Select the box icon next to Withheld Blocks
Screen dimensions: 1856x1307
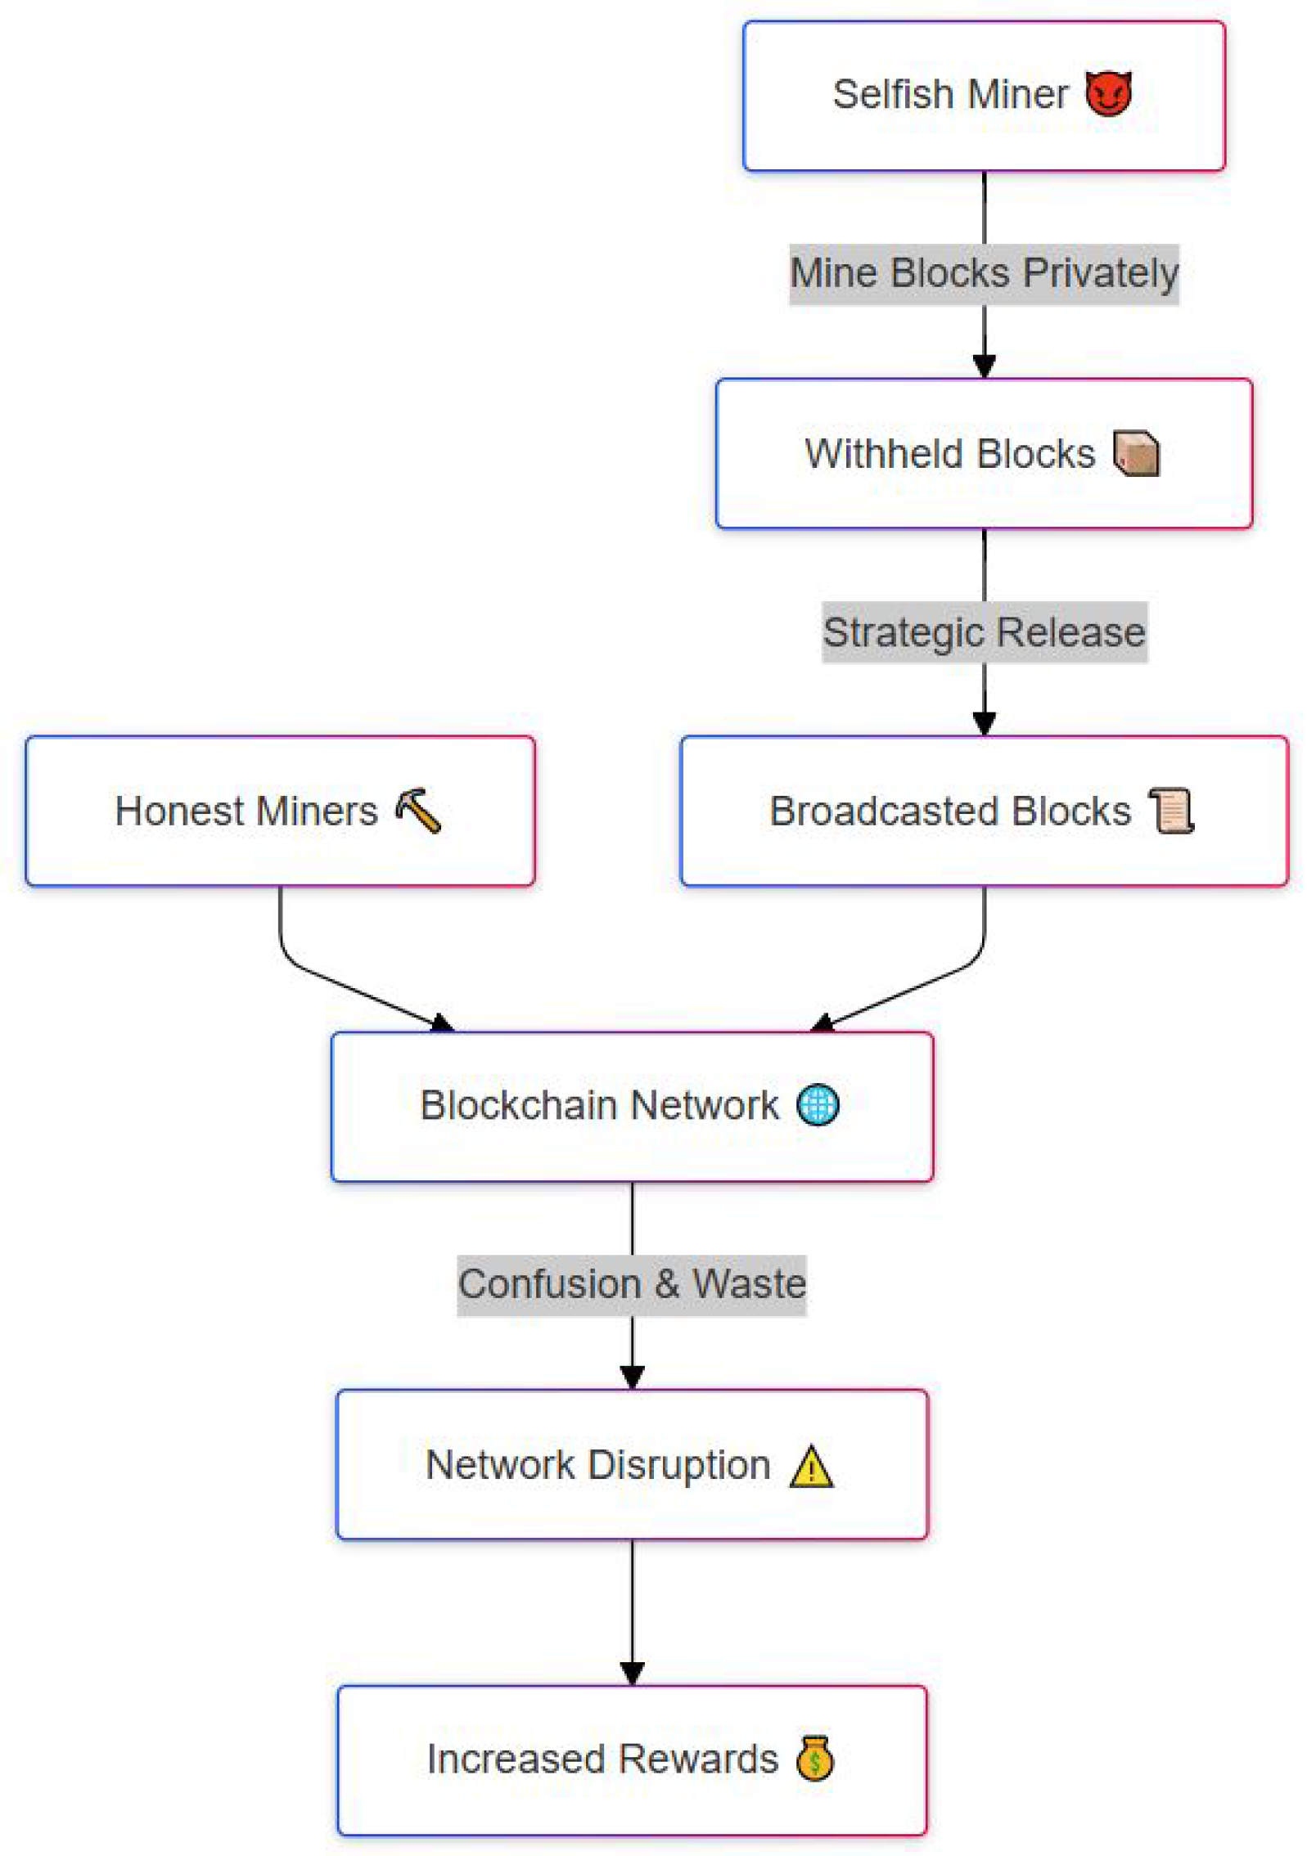click(1135, 452)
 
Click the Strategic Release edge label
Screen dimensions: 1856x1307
click(983, 631)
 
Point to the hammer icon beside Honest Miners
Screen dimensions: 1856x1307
click(417, 810)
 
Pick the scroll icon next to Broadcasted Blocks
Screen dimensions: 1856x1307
click(1170, 810)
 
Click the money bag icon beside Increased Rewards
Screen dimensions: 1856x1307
click(814, 1758)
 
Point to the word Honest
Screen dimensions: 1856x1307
click(179, 811)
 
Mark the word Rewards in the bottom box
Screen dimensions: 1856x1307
click(697, 1759)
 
